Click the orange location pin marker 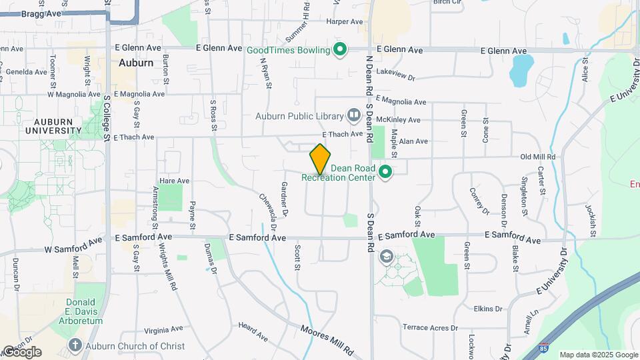click(x=320, y=159)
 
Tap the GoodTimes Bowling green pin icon click(x=340, y=49)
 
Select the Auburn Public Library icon click(x=353, y=116)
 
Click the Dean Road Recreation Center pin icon click(x=385, y=173)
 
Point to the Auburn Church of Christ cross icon click(x=75, y=345)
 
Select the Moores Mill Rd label click(x=326, y=339)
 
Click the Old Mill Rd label click(x=537, y=157)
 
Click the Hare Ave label click(x=175, y=181)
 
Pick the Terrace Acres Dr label click(x=431, y=327)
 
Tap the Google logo click(x=21, y=352)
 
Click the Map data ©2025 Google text click(x=597, y=355)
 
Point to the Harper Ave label click(x=344, y=22)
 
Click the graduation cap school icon click(x=386, y=257)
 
